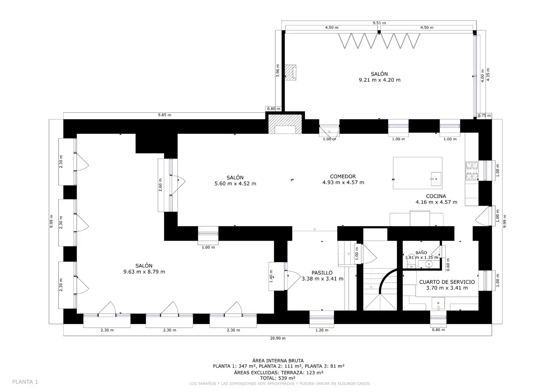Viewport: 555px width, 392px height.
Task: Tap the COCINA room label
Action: coord(436,196)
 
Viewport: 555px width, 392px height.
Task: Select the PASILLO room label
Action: coord(322,273)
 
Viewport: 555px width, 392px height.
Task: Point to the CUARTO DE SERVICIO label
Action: coord(447,282)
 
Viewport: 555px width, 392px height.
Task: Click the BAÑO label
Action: coord(421,253)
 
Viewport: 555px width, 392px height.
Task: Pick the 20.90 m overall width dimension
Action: coord(278,338)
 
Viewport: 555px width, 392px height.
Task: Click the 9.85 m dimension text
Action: coord(165,115)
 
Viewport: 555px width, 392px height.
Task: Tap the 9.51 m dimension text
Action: coord(379,23)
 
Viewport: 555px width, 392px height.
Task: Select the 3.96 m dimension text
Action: coord(278,70)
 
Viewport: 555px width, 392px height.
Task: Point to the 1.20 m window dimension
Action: coord(322,330)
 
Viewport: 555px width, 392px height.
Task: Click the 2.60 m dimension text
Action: coord(160,185)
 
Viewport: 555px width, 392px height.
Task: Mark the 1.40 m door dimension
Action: coord(271,276)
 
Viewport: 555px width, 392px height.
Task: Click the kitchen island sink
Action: coord(436,179)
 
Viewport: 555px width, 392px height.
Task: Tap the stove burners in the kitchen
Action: coord(472,171)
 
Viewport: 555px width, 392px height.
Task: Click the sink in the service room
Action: coord(438,304)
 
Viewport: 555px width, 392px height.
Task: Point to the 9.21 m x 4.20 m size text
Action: coord(380,80)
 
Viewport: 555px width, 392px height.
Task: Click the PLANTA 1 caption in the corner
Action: coord(25,382)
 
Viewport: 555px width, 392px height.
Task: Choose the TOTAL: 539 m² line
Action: coord(278,378)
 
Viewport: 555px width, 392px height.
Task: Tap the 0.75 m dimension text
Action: coord(484,115)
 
